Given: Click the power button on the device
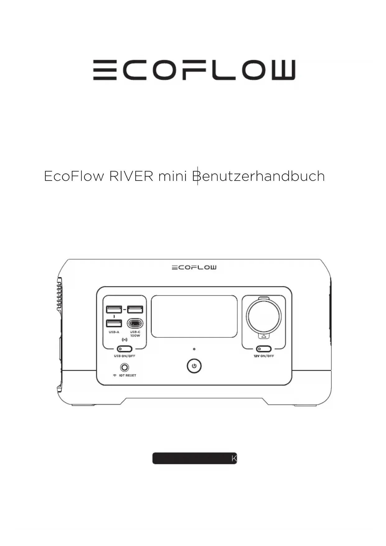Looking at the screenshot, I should point(194,366).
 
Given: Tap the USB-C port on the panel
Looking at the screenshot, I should point(135,323).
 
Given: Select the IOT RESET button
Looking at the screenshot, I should point(124,368).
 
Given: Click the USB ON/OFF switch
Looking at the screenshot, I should point(124,349).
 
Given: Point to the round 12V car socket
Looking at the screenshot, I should point(264,316).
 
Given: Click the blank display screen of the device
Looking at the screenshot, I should point(194,316).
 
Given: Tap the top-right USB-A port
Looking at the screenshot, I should point(135,309).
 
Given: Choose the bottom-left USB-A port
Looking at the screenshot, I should point(114,323).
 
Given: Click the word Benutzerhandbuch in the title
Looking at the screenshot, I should point(258,176).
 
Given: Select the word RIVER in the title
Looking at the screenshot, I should point(131,176).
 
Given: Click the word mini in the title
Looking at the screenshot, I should point(172,176).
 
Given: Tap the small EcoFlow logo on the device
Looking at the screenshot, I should point(194,267).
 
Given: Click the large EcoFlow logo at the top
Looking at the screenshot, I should point(194,70).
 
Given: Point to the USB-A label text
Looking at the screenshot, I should point(114,332).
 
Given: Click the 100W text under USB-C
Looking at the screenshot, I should point(135,336).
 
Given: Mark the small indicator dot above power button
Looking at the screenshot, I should point(194,349).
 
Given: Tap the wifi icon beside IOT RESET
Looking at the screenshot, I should point(115,375).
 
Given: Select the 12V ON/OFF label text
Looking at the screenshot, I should point(264,356).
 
